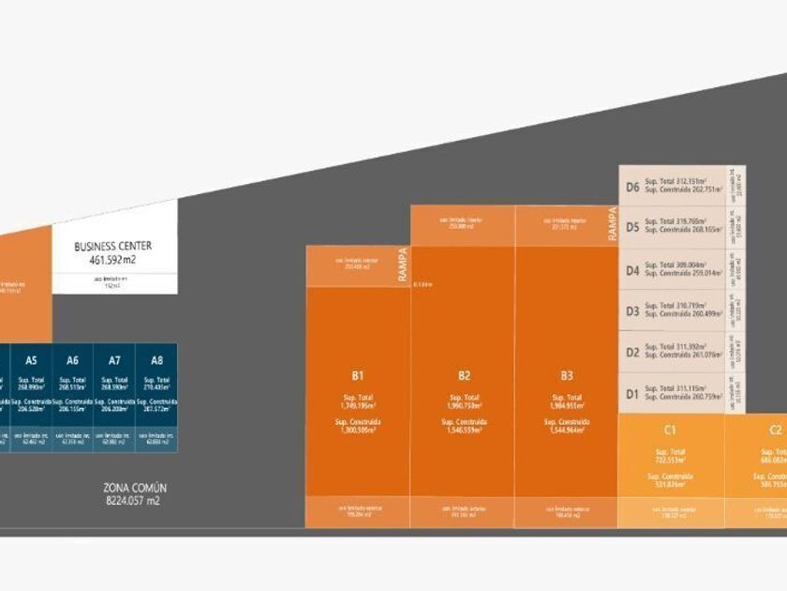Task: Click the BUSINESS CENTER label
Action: (112, 246)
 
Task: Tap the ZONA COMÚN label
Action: (134, 488)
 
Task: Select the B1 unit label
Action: (357, 375)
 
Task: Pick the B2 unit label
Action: (464, 375)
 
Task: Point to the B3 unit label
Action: (566, 375)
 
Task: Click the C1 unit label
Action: (670, 431)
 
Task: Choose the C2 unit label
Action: (775, 431)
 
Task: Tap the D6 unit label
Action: (632, 187)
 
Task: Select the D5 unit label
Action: (632, 227)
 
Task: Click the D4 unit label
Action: (632, 270)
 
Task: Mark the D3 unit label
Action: (632, 311)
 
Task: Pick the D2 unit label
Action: (632, 352)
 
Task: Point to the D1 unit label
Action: (632, 393)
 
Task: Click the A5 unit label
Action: (32, 360)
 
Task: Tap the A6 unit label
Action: (73, 360)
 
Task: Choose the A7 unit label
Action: (114, 360)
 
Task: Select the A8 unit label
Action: (156, 360)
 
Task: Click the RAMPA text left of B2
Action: (403, 265)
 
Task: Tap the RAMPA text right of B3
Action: (613, 225)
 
